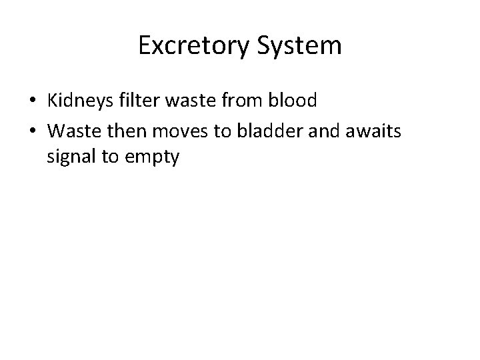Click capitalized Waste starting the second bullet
pyautogui.click(x=71, y=131)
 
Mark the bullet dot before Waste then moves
pyautogui.click(x=33, y=132)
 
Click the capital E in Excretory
pyautogui.click(x=145, y=45)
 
